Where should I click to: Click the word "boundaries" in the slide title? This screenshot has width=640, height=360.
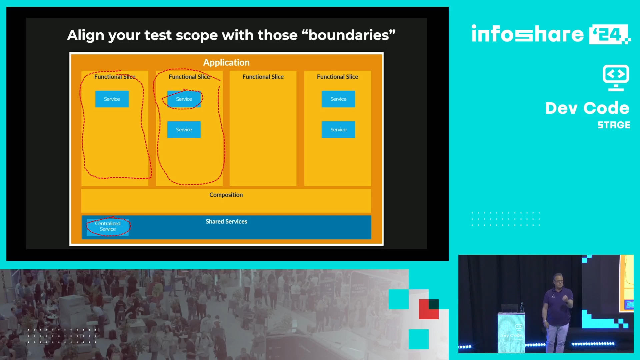click(x=349, y=35)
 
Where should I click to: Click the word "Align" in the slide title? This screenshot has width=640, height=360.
click(x=86, y=35)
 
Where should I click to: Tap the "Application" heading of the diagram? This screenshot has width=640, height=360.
click(x=226, y=62)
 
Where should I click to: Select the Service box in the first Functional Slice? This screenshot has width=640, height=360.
click(x=112, y=99)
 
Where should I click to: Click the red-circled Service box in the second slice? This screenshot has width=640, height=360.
click(x=184, y=99)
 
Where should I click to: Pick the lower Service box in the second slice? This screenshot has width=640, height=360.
click(x=184, y=130)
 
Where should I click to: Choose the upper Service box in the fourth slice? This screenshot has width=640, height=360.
click(x=338, y=99)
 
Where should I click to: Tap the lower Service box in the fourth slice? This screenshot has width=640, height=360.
click(x=338, y=130)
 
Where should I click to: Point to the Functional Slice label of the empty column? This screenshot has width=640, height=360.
click(x=263, y=77)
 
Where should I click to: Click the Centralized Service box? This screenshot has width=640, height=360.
click(x=108, y=226)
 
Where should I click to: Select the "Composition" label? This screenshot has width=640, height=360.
click(x=226, y=195)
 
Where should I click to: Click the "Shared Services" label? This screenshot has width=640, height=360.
click(x=226, y=221)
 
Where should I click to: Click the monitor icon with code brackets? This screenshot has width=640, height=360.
click(x=616, y=78)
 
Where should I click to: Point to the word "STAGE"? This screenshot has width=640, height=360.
click(x=614, y=125)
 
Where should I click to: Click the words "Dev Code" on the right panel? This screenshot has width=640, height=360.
click(x=587, y=108)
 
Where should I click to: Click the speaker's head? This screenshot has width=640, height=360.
click(x=558, y=281)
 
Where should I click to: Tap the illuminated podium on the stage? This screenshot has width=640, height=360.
click(x=511, y=332)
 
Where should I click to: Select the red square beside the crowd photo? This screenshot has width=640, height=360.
click(x=428, y=309)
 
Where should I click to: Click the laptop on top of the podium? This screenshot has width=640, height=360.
click(x=510, y=308)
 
